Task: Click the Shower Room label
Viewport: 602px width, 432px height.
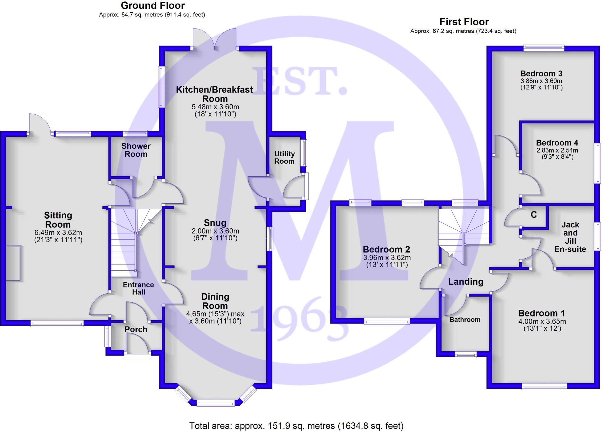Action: [x=136, y=150]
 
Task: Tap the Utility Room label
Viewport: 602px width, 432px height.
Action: [x=284, y=158]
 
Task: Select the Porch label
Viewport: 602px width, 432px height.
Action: [x=136, y=329]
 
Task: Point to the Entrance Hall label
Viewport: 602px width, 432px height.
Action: [x=138, y=288]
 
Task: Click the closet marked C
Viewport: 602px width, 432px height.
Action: [x=534, y=215]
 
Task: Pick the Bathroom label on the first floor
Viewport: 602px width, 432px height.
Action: [x=465, y=320]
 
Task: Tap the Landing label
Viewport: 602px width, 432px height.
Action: [x=466, y=282]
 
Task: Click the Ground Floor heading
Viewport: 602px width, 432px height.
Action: [x=153, y=6]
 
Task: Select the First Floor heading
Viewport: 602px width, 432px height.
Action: [x=464, y=22]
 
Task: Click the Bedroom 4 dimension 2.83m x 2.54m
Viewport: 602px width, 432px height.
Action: [x=557, y=150]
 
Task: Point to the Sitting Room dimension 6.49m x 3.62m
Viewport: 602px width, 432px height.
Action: [x=58, y=233]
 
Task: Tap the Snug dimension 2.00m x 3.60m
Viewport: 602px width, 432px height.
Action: [x=215, y=231]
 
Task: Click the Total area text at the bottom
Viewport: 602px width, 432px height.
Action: [x=296, y=426]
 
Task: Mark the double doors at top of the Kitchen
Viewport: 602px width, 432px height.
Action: [x=215, y=40]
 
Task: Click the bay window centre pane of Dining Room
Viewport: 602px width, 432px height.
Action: [x=215, y=403]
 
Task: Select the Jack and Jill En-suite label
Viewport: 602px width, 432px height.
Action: [x=570, y=237]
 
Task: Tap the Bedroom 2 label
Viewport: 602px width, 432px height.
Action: [x=386, y=250]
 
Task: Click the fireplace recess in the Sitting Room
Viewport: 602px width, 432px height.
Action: [x=13, y=263]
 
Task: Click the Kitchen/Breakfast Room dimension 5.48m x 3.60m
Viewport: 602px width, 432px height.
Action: [x=215, y=107]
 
